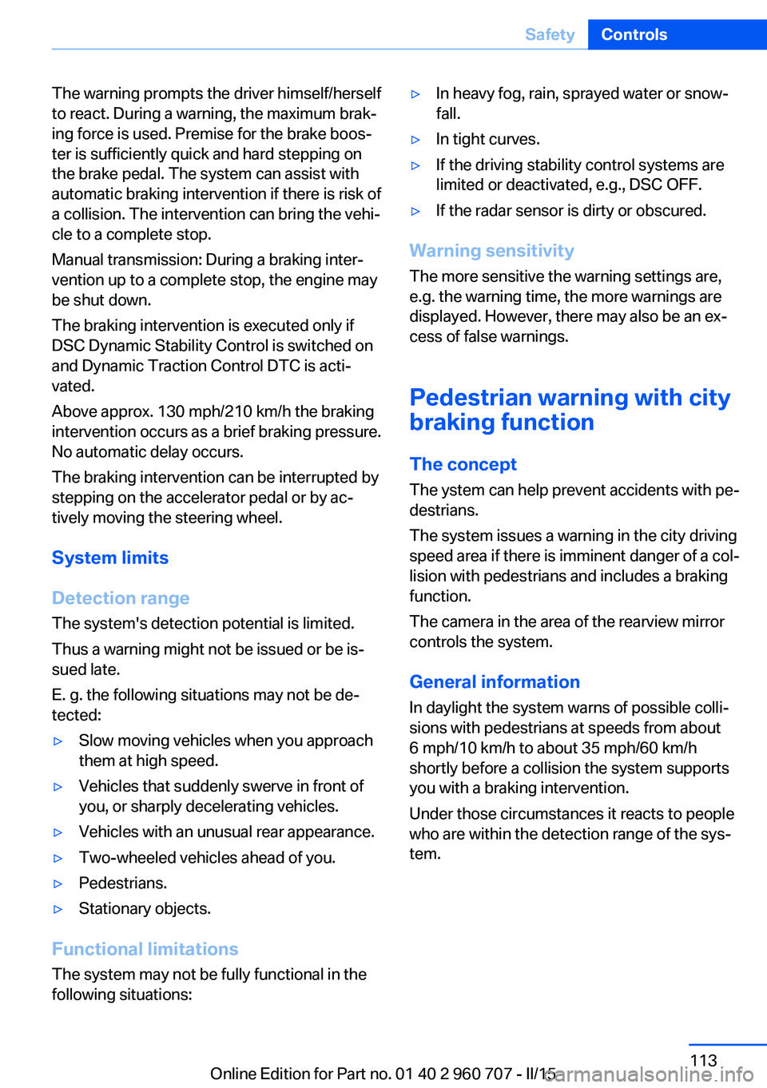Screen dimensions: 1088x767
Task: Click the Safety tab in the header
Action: pyautogui.click(x=550, y=34)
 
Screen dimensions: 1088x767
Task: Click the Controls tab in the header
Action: pyautogui.click(x=634, y=34)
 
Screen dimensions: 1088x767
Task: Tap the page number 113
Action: pyautogui.click(x=703, y=1060)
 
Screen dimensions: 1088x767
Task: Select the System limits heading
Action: pyautogui.click(x=110, y=558)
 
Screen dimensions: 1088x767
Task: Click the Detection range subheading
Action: pyautogui.click(x=121, y=598)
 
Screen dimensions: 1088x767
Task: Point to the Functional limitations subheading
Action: pyautogui.click(x=145, y=949)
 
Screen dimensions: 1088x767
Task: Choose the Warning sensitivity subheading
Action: pyautogui.click(x=491, y=251)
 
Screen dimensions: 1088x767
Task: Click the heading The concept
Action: pyautogui.click(x=463, y=464)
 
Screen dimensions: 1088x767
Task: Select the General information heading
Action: pyautogui.click(x=495, y=682)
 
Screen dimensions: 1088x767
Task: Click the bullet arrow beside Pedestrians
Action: pyautogui.click(x=58, y=884)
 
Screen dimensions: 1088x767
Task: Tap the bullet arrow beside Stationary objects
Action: pyautogui.click(x=58, y=909)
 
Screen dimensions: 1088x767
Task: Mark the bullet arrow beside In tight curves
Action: pyautogui.click(x=415, y=140)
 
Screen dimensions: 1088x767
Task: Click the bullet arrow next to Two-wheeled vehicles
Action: pyautogui.click(x=58, y=858)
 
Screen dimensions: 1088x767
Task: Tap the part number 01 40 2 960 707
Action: pyautogui.click(x=453, y=1074)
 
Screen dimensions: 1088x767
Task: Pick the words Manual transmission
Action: pyautogui.click(x=125, y=260)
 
